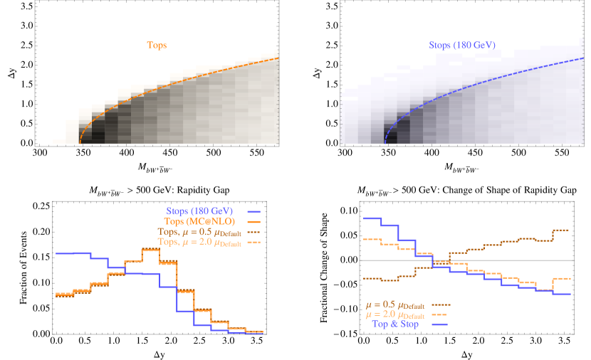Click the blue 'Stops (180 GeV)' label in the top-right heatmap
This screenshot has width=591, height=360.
coord(463,45)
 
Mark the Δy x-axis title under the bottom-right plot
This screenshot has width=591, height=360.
coord(466,354)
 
